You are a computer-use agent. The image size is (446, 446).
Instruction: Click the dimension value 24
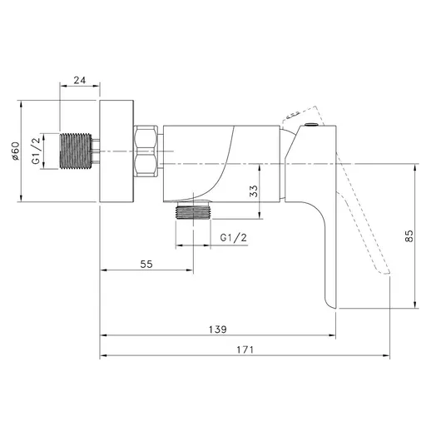(x=79, y=80)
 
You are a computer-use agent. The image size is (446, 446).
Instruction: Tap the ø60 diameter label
(x=15, y=151)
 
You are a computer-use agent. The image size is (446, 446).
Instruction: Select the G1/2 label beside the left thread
(x=36, y=151)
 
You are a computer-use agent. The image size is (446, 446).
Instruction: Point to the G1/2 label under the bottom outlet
(x=234, y=237)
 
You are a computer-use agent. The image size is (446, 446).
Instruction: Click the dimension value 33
(x=253, y=191)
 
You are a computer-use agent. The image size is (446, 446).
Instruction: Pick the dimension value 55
(x=146, y=265)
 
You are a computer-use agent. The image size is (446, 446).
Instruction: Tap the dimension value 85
(x=409, y=235)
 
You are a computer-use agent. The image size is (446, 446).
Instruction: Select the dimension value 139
(x=218, y=330)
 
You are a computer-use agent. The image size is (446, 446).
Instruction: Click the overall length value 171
(x=245, y=349)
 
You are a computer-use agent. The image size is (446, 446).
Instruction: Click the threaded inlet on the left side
(x=76, y=151)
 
